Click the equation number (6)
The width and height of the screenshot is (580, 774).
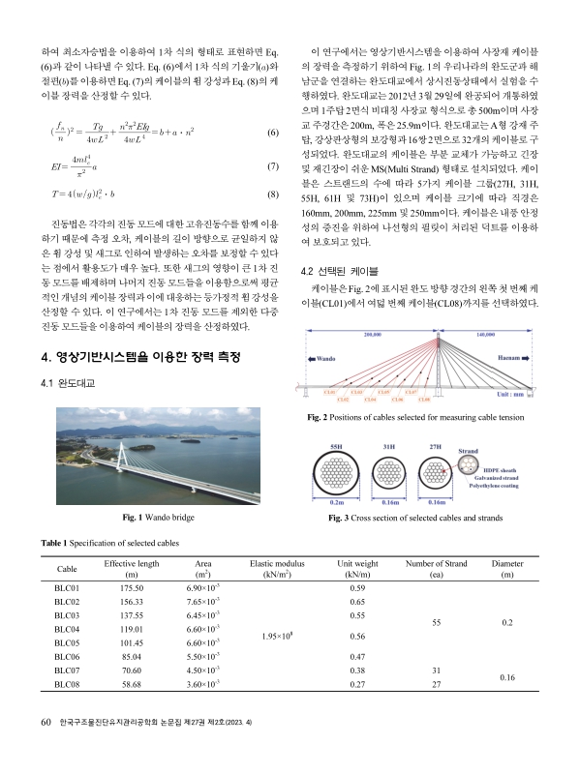pyautogui.click(x=272, y=133)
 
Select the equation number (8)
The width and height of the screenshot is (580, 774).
pyautogui.click(x=272, y=193)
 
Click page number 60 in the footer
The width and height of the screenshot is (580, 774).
pyautogui.click(x=45, y=748)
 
